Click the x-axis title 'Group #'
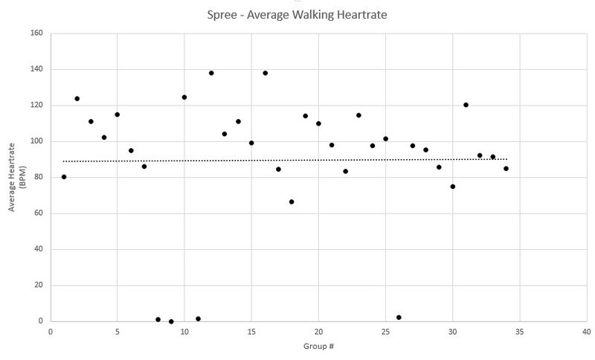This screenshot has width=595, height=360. pyautogui.click(x=318, y=346)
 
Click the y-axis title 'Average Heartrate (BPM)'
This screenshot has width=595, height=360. pyautogui.click(x=16, y=178)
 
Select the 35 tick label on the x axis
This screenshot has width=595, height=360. pyautogui.click(x=519, y=332)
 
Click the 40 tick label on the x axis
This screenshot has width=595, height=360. pyautogui.click(x=586, y=332)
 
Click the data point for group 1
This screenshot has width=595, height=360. pyautogui.click(x=64, y=177)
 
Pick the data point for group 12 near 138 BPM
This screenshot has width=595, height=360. pyautogui.click(x=211, y=73)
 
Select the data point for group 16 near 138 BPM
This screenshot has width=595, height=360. pyautogui.click(x=265, y=73)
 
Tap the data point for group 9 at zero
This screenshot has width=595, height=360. pyautogui.click(x=171, y=321)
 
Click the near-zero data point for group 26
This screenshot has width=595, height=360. pyautogui.click(x=399, y=317)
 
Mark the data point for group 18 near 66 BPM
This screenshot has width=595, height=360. pyautogui.click(x=292, y=202)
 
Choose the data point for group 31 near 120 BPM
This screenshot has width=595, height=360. pyautogui.click(x=466, y=105)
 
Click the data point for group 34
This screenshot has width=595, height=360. pyautogui.click(x=506, y=169)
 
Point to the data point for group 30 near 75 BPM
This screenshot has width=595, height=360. pyautogui.click(x=452, y=187)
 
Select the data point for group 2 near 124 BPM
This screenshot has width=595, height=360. pyautogui.click(x=77, y=98)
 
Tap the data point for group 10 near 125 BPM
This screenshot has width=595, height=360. pyautogui.click(x=184, y=97)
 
